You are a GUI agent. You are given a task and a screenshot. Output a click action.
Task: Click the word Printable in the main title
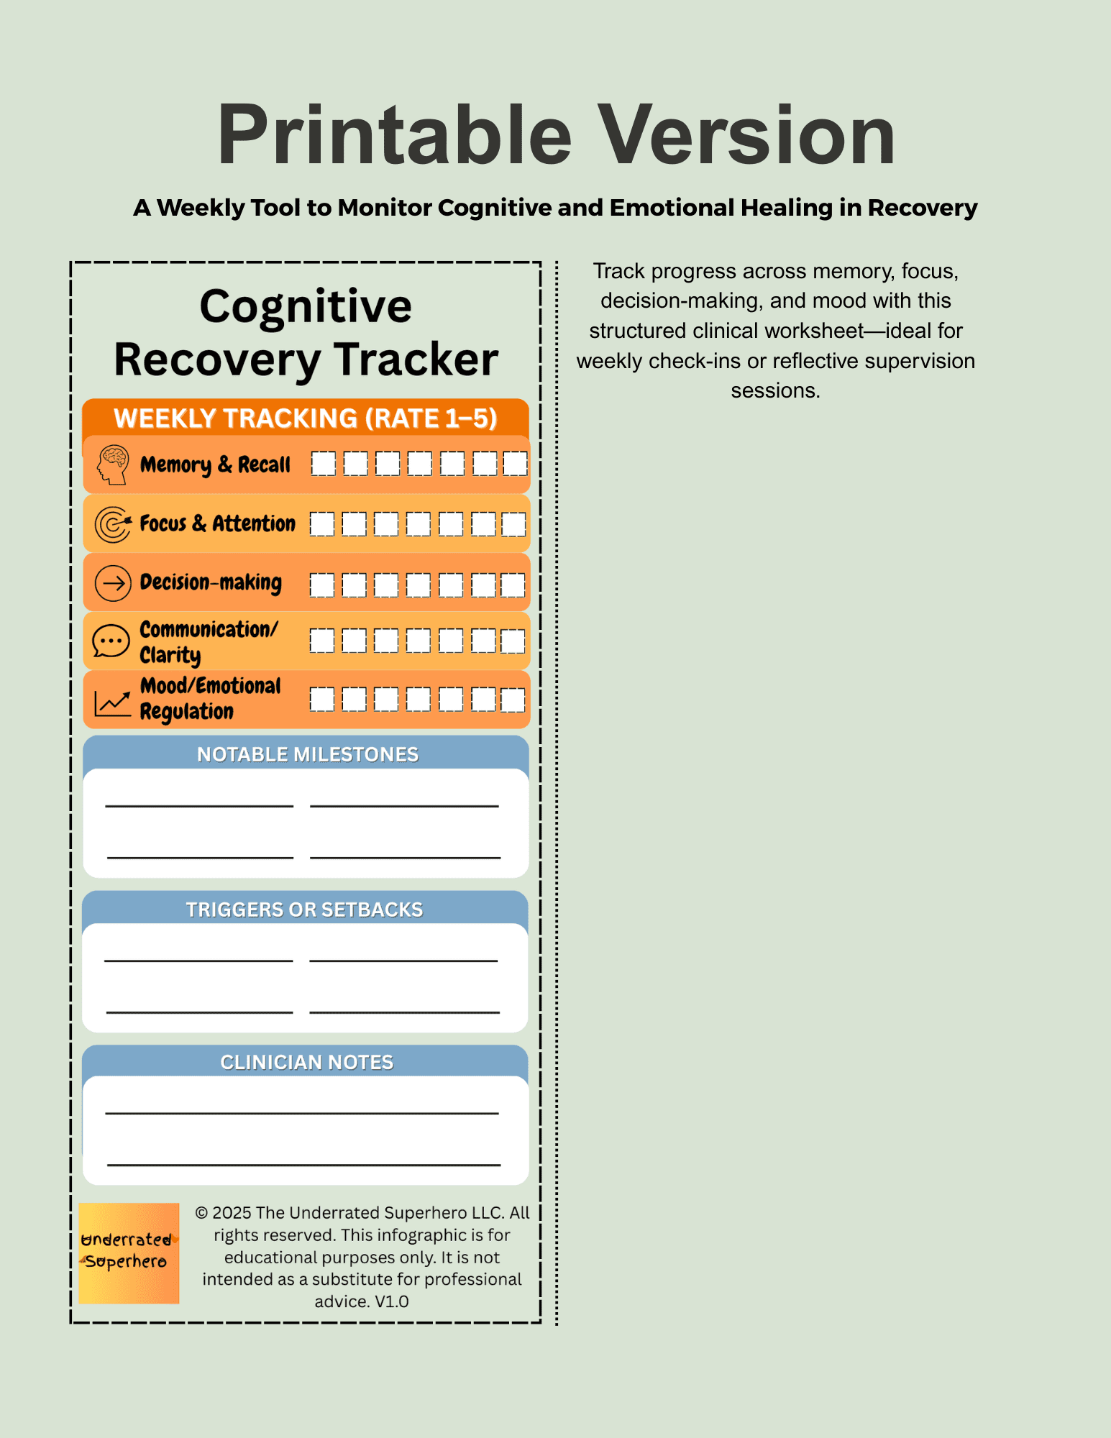tap(394, 135)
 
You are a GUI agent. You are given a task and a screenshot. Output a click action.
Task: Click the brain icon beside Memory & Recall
tap(113, 464)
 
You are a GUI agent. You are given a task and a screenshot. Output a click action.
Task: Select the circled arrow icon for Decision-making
tap(113, 582)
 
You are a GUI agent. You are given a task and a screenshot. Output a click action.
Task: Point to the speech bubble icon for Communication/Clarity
tap(111, 641)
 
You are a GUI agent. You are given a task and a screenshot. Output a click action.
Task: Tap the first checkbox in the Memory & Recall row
tap(324, 464)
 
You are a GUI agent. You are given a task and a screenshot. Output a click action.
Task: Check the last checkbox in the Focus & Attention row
tap(513, 524)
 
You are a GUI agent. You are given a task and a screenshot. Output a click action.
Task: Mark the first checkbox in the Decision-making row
tap(322, 585)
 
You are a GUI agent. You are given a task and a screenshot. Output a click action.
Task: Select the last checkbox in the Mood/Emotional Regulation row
tap(513, 700)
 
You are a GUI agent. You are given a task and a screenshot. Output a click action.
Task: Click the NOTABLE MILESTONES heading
tap(308, 754)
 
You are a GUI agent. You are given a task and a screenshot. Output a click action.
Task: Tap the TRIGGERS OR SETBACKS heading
tap(304, 910)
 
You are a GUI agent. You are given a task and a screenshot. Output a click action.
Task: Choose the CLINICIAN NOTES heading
tap(307, 1062)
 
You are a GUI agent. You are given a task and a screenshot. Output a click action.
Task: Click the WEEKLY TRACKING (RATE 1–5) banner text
tap(306, 418)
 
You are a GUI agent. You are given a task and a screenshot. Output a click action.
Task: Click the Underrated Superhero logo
tap(129, 1252)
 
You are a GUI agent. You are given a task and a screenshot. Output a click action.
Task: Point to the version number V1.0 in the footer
tap(391, 1301)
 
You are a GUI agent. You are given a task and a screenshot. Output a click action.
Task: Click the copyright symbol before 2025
tap(202, 1213)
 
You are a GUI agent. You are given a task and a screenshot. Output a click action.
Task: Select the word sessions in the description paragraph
tap(774, 390)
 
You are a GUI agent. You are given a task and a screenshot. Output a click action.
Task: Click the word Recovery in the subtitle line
tap(922, 208)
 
